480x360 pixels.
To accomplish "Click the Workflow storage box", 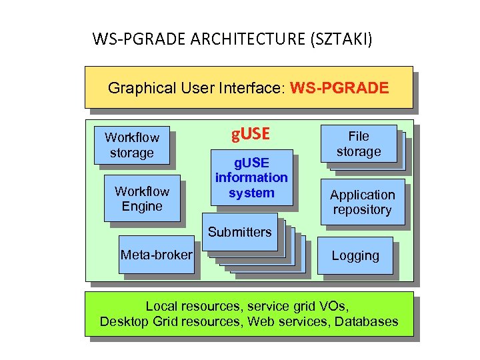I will [132, 145].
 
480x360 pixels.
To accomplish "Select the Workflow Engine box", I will [142, 199].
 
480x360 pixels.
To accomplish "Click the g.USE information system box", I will [251, 178].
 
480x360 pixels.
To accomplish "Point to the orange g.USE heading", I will [250, 135].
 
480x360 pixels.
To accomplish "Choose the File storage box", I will [359, 144].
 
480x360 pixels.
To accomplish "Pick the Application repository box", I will [363, 202].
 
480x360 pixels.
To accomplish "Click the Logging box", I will [355, 256].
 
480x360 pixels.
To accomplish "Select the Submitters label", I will [240, 232].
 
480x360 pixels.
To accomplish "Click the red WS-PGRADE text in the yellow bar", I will [340, 88].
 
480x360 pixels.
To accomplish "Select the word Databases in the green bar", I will [367, 321].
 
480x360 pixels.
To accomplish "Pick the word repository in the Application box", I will [363, 210].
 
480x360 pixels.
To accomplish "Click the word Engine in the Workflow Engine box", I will [142, 207].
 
